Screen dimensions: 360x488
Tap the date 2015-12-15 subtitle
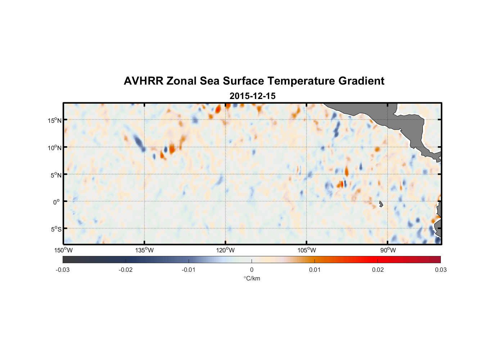(x=253, y=96)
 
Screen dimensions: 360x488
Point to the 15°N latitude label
(x=55, y=120)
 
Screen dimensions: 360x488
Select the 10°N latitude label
(x=55, y=148)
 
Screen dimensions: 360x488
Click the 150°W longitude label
(x=64, y=250)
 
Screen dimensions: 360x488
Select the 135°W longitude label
(x=145, y=250)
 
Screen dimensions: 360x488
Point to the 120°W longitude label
(x=226, y=250)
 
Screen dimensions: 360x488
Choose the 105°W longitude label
(x=307, y=250)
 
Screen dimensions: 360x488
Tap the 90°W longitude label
(x=388, y=250)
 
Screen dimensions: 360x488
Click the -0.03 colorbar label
(x=63, y=270)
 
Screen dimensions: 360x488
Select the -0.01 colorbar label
(x=189, y=270)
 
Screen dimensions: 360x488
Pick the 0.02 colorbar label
(x=378, y=270)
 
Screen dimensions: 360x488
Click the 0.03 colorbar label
(x=440, y=270)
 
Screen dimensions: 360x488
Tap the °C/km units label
(x=252, y=278)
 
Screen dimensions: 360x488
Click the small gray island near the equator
(x=381, y=204)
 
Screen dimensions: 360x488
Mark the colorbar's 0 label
(x=252, y=270)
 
